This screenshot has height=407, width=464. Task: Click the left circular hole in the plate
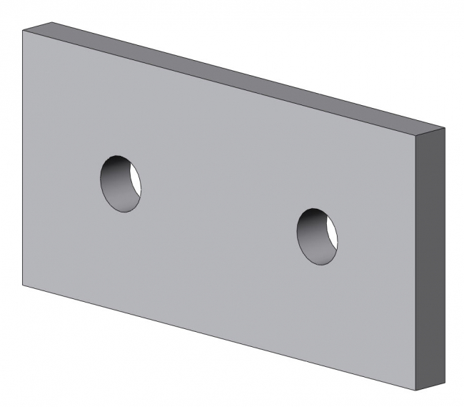coord(121,183)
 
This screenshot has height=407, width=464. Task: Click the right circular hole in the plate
coord(317,237)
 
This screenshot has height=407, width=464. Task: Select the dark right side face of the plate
coord(430,258)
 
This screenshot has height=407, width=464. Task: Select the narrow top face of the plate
coord(236,75)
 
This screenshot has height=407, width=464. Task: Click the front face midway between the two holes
coord(219,210)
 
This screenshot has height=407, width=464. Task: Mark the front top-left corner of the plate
coord(23,31)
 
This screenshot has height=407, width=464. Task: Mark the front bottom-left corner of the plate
coord(23,285)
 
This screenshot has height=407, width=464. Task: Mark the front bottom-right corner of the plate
coord(416,391)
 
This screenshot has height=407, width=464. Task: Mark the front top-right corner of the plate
coord(416,136)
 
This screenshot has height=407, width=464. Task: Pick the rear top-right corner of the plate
coord(445,127)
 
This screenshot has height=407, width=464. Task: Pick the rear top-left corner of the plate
coord(51,21)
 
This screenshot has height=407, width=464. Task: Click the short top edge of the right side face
coord(430,132)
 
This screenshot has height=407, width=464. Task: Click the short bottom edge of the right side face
coord(430,385)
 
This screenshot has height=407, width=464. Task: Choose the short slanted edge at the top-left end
coord(37,26)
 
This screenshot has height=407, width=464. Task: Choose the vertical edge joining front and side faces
coord(416,265)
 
